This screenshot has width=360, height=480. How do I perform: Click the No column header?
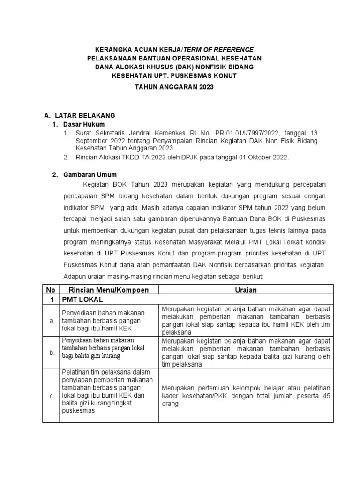(50, 290)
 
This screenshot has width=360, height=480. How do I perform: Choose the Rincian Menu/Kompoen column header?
(109, 290)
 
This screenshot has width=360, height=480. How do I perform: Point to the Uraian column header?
(246, 290)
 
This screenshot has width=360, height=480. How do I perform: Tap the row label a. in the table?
(52, 320)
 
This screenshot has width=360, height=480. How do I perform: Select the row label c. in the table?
(52, 396)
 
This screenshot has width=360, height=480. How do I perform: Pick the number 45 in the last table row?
(324, 396)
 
